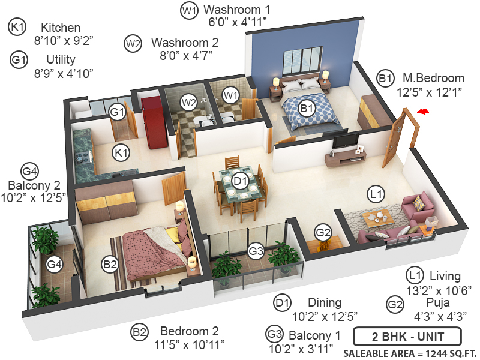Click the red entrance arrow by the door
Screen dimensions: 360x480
tap(424, 112)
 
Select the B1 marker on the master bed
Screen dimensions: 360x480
tap(307, 109)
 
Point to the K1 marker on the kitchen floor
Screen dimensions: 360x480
tap(122, 153)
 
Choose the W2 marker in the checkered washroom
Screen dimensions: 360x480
tap(189, 103)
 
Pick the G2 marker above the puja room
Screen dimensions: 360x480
tap(323, 232)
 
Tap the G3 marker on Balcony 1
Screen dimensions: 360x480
tap(256, 252)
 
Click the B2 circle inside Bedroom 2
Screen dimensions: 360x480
tap(110, 263)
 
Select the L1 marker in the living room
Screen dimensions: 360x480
tap(376, 194)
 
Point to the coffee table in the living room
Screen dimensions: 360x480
tap(379, 217)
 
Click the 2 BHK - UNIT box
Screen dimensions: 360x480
tap(407, 335)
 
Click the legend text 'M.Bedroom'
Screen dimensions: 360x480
tap(433, 78)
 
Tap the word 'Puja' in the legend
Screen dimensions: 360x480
tap(434, 302)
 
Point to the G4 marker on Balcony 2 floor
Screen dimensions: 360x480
tap(55, 264)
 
